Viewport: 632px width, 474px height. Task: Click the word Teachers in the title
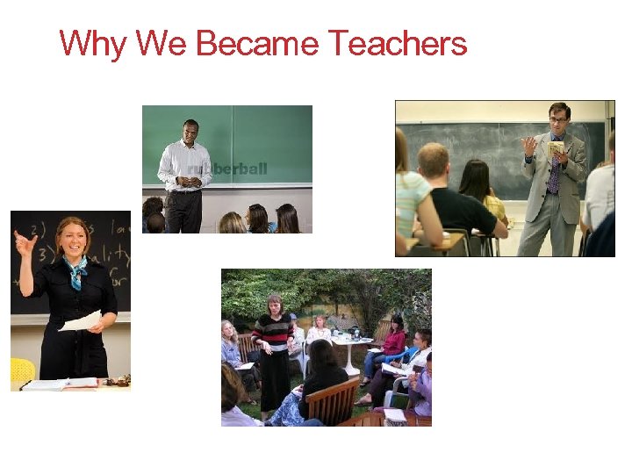point(397,43)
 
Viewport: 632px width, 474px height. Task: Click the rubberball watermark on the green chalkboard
point(226,169)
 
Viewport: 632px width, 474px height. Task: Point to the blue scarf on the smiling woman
point(75,271)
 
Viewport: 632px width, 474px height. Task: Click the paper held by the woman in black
point(81,321)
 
